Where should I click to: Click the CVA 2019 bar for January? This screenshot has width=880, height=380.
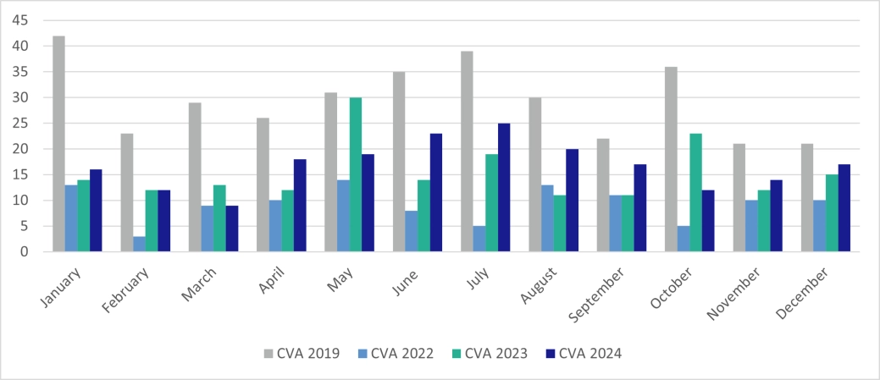tap(58, 144)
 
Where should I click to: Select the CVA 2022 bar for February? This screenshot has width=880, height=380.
tap(139, 244)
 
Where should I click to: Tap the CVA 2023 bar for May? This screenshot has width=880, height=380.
tap(356, 174)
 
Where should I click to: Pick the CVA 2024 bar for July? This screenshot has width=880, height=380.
tap(504, 187)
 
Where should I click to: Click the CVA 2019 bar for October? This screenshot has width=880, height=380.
tap(671, 159)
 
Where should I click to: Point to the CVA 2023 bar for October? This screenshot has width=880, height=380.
tap(696, 192)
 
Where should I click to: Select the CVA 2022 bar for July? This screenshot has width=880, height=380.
tap(479, 239)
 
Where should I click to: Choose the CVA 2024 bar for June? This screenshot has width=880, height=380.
tap(436, 192)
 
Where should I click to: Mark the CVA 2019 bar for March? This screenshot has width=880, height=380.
tap(195, 177)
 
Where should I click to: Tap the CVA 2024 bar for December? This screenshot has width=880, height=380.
tap(844, 207)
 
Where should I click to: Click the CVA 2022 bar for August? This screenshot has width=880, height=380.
tap(546, 218)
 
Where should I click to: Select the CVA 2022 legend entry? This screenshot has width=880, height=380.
tap(397, 353)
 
